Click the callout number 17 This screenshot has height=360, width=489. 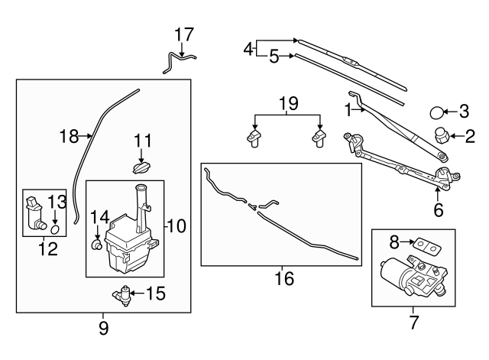pos(184,34)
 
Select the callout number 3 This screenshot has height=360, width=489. pos(463,112)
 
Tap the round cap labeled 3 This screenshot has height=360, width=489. pos(437,113)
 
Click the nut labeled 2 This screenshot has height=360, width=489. pos(441,138)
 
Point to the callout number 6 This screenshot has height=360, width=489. pos(438,209)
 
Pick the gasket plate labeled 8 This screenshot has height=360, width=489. pos(427,245)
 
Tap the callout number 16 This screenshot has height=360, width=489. pos(283,280)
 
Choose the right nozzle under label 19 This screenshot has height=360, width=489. pos(317,138)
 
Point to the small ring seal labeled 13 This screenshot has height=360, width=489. pos(55,228)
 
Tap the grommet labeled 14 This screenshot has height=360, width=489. pos(97,245)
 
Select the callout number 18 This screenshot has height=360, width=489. pos(70,137)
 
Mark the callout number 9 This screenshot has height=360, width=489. pos(104,329)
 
